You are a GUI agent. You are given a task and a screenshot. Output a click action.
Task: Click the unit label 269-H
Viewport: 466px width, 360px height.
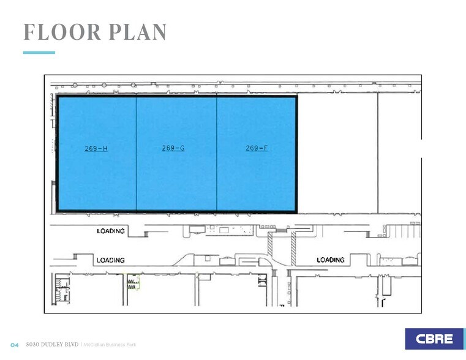pyautogui.click(x=96, y=149)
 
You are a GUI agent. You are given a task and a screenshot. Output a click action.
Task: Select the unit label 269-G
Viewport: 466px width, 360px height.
pyautogui.click(x=173, y=148)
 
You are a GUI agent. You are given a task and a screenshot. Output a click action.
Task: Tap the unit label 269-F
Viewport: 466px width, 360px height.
pyautogui.click(x=257, y=148)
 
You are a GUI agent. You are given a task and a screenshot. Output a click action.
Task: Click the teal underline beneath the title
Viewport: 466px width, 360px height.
pyautogui.click(x=39, y=53)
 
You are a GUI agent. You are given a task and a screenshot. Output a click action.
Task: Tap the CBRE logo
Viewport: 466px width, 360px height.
pyautogui.click(x=434, y=339)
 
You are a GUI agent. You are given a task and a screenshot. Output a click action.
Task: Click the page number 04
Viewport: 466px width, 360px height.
pyautogui.click(x=15, y=345)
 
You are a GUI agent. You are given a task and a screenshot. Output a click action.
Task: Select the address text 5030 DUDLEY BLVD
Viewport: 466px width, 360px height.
pyautogui.click(x=53, y=345)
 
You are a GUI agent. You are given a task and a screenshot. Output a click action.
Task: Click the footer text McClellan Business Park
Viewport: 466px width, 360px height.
pyautogui.click(x=110, y=345)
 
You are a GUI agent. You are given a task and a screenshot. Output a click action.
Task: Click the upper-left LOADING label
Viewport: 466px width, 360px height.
pyautogui.click(x=110, y=231)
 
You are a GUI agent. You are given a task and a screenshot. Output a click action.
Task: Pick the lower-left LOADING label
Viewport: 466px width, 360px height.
pyautogui.click(x=110, y=260)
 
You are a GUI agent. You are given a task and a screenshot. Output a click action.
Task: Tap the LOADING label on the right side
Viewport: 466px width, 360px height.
pyautogui.click(x=330, y=260)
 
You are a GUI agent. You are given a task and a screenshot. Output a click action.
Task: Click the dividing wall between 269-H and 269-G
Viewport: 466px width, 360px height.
pyautogui.click(x=136, y=153)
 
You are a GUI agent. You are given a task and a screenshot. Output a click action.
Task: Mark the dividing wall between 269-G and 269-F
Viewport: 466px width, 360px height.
pyautogui.click(x=217, y=153)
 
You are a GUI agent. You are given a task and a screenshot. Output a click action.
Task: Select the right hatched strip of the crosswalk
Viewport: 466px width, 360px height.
pyautogui.click(x=293, y=248)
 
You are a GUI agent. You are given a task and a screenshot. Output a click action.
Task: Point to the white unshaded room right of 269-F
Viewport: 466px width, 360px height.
pyautogui.click(x=337, y=153)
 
